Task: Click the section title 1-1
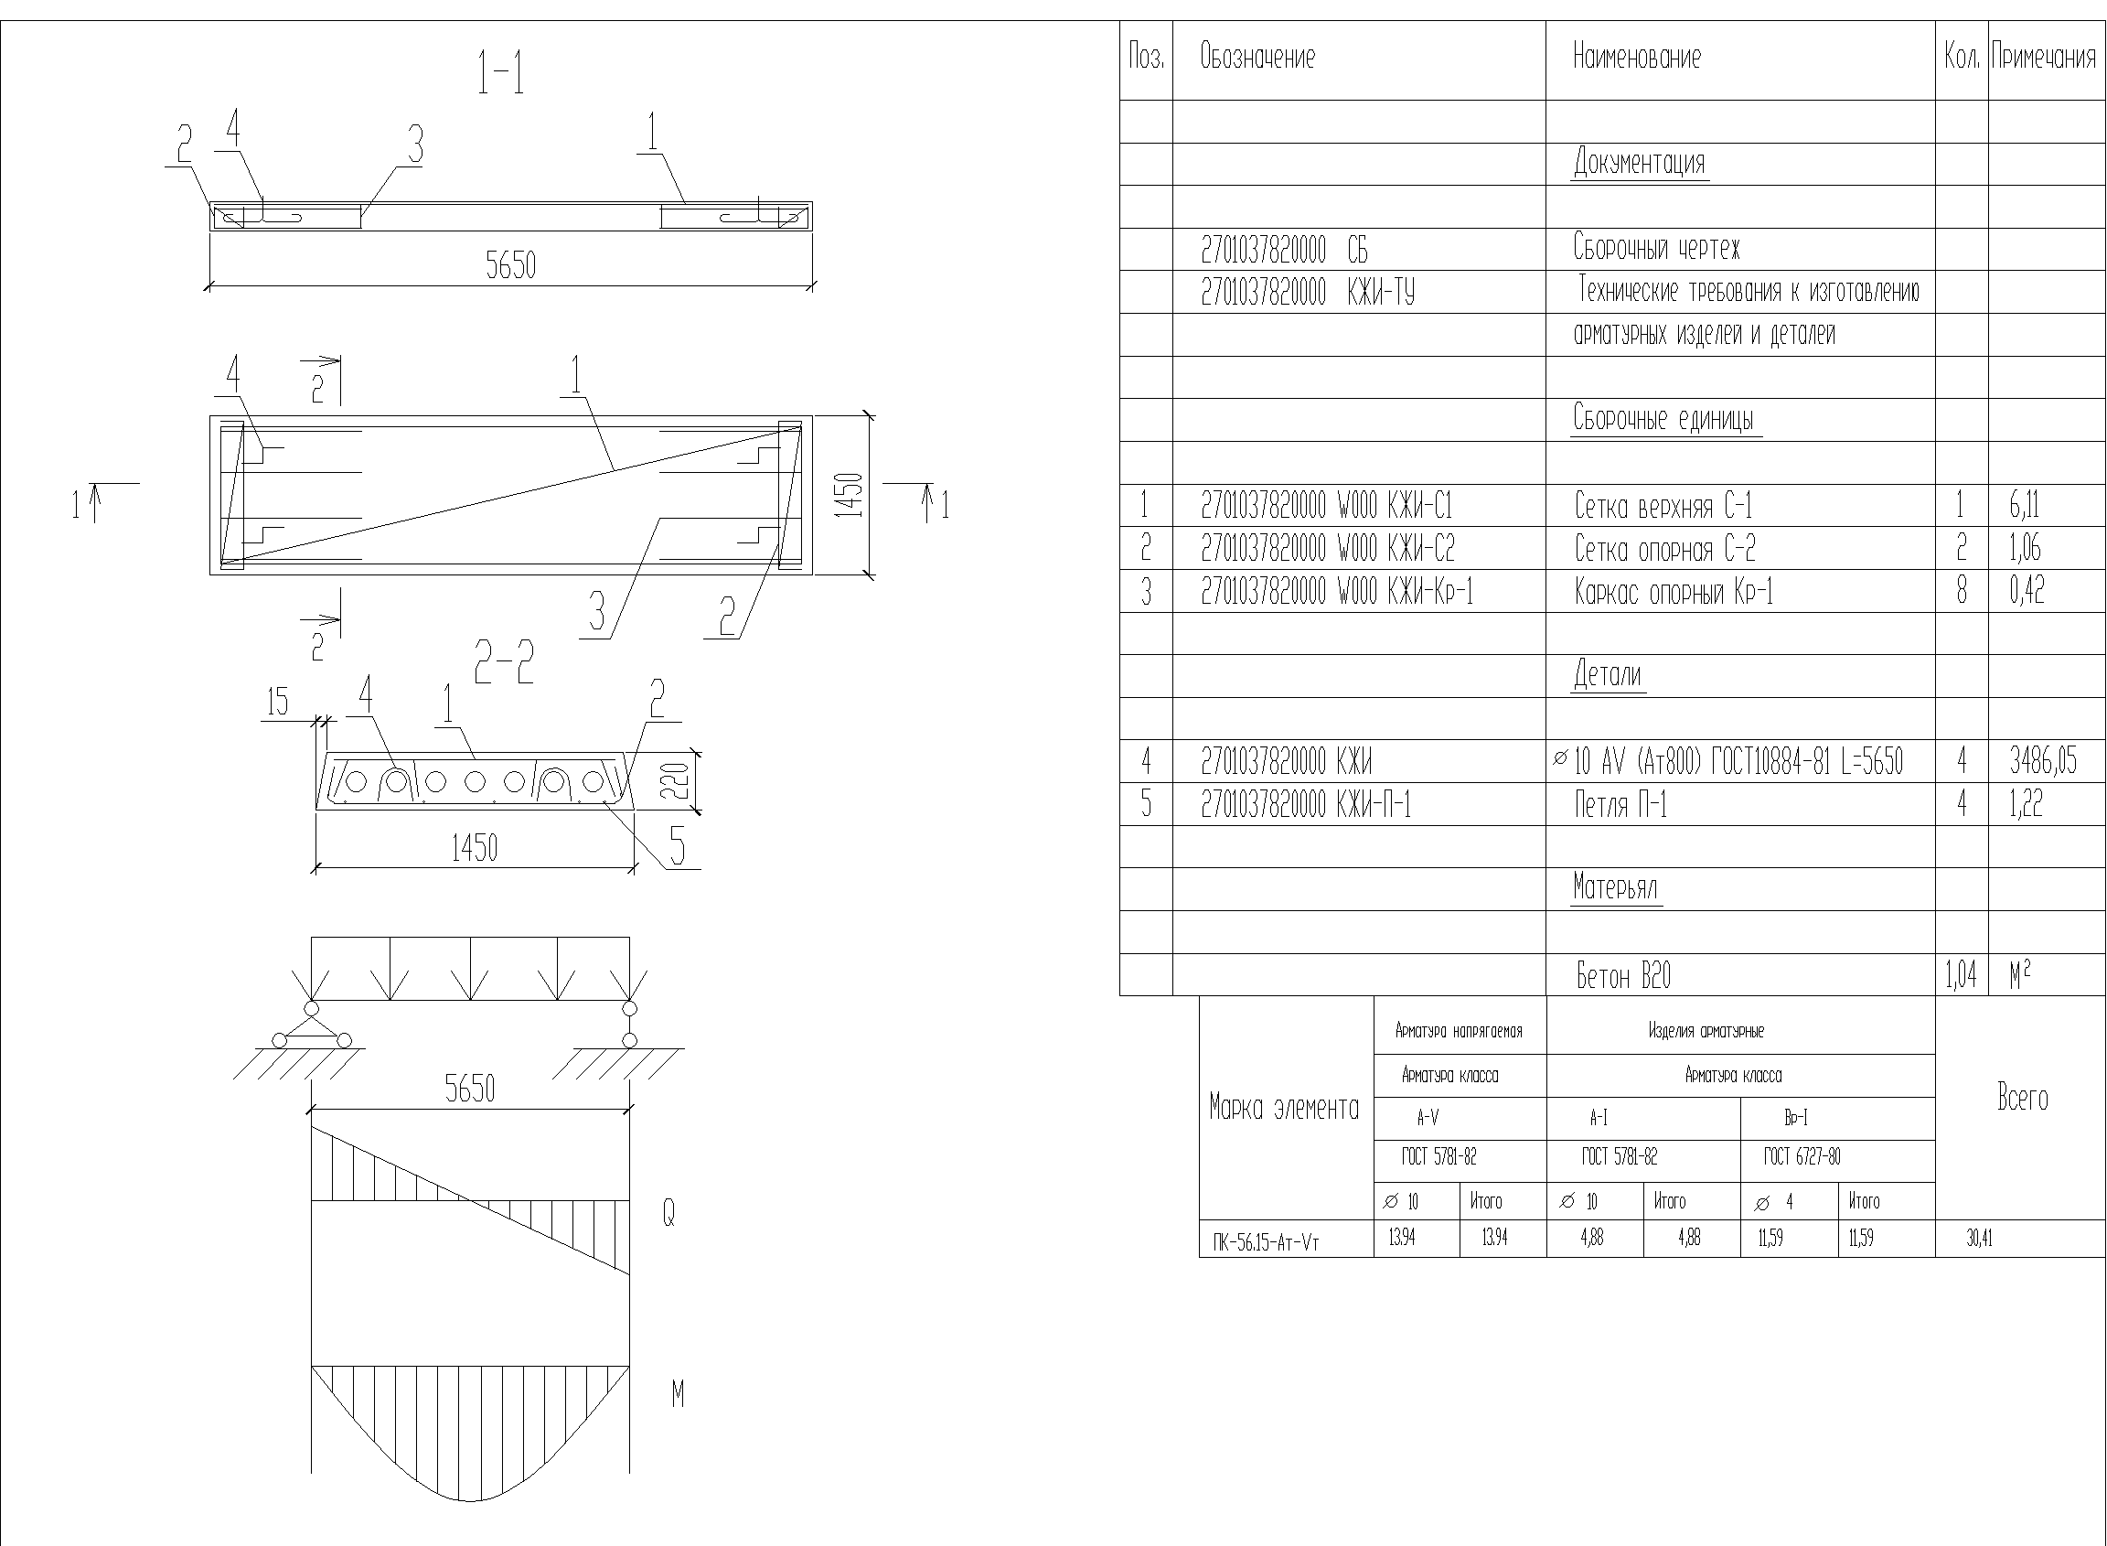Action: click(500, 74)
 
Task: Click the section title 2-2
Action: click(503, 662)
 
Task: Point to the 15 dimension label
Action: click(278, 702)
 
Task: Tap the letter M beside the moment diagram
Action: click(678, 1394)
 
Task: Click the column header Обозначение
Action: click(1257, 58)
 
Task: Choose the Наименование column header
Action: click(1636, 58)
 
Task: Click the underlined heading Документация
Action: click(1639, 163)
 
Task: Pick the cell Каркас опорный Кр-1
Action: click(1674, 592)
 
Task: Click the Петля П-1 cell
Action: click(1620, 805)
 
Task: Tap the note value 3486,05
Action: click(2042, 762)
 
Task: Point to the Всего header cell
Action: click(2022, 1098)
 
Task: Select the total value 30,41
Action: click(1979, 1239)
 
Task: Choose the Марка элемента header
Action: click(1284, 1109)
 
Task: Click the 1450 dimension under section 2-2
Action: click(475, 848)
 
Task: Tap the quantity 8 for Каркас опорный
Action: click(1961, 592)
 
